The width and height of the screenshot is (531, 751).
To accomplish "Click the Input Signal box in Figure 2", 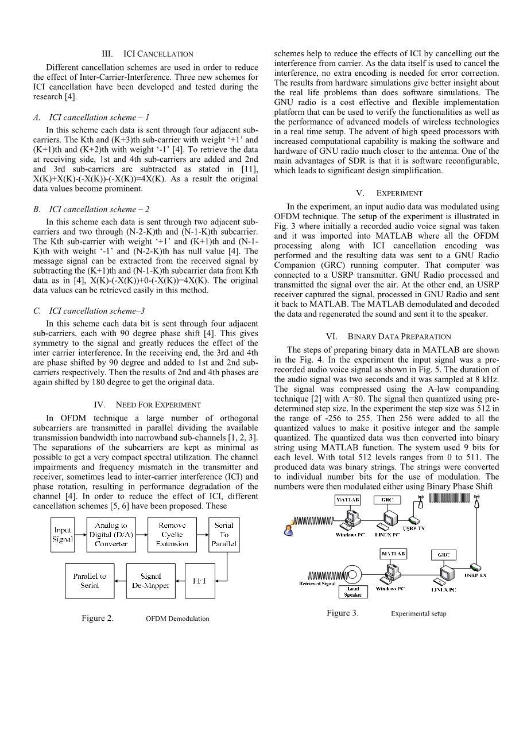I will coord(63,535).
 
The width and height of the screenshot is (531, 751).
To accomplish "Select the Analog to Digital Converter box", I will coord(111,535).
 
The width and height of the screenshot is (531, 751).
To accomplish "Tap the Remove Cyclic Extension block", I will coord(172,535).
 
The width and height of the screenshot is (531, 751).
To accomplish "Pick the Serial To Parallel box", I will coord(223,535).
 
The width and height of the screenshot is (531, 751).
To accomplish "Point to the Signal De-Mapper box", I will coord(151,581).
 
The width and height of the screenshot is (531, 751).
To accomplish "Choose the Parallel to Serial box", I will coord(90,581).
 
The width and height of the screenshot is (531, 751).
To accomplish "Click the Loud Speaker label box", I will coord(353,592).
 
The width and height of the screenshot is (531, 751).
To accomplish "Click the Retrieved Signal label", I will coord(317,584).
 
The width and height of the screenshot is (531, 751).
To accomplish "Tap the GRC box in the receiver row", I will coord(443,555).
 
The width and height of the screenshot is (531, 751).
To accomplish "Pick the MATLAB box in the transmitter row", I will coord(348,500).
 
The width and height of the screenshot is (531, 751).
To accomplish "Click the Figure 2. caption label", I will coord(97,618).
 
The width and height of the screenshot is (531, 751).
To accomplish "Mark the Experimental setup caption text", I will coord(418,613).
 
